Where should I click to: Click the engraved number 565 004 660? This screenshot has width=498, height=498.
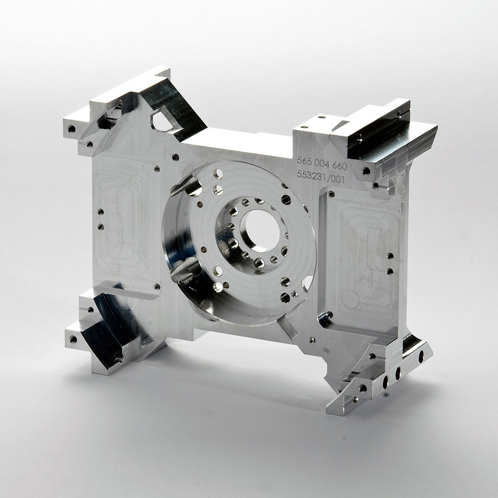click(x=322, y=163)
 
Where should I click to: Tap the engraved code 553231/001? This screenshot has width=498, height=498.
click(x=320, y=177)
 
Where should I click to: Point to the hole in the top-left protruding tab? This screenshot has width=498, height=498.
click(x=72, y=128)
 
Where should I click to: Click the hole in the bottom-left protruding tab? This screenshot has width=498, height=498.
click(x=73, y=339)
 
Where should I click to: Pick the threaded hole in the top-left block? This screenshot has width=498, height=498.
click(x=120, y=105)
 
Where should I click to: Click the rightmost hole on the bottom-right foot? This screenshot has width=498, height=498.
click(x=421, y=357)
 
